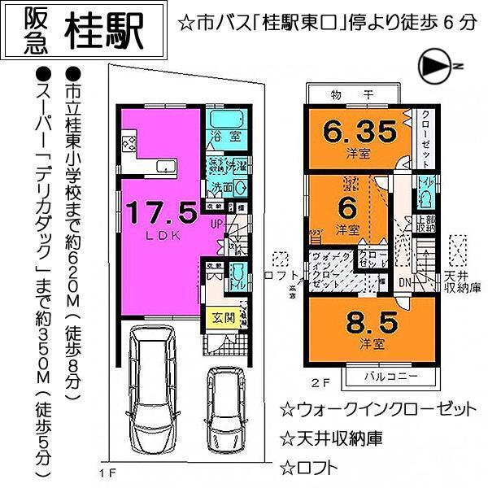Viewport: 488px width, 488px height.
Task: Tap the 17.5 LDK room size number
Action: click(x=161, y=213)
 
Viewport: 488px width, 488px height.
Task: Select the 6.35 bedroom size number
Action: click(x=362, y=130)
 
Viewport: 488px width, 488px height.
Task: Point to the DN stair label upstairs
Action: click(x=405, y=281)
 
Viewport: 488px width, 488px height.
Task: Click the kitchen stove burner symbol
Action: click(x=129, y=145)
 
